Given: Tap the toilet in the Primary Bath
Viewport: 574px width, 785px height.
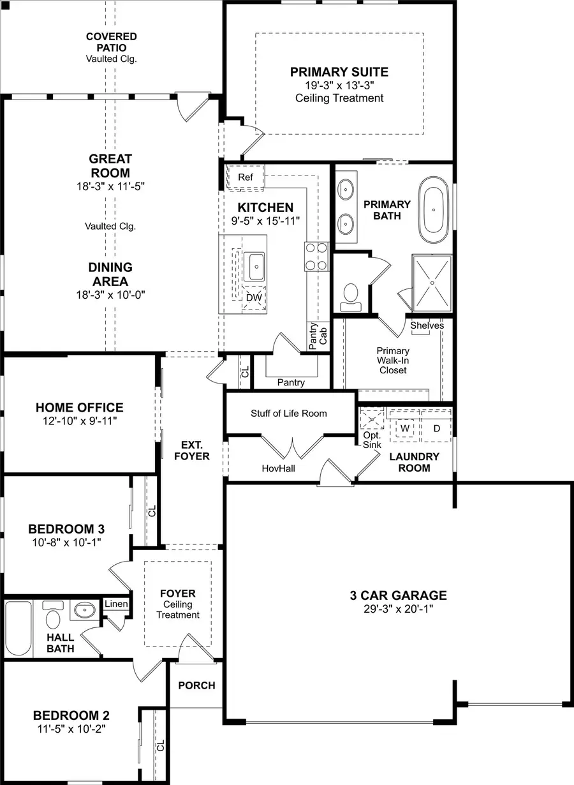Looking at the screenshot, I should click(350, 294).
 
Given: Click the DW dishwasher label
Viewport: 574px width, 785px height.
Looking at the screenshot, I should click(253, 297).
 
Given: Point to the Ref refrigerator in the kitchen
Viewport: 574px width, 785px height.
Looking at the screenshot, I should click(246, 177).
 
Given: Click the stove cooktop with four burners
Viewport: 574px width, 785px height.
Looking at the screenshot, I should click(316, 257).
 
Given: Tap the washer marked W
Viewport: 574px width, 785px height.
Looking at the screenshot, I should click(404, 428).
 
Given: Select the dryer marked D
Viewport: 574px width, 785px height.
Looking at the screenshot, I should click(436, 428).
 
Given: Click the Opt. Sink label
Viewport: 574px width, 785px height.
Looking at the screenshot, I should click(372, 440).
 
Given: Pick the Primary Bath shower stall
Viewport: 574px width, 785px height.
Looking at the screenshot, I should click(432, 281).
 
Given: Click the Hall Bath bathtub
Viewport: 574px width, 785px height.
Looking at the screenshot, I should click(18, 628).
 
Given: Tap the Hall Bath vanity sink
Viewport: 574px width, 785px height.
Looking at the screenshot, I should click(83, 611).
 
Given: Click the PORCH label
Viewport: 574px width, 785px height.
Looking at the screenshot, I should click(196, 685).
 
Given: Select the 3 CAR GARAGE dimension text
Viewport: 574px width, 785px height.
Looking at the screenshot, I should click(398, 609).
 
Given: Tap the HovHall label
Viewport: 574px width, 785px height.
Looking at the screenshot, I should click(279, 468).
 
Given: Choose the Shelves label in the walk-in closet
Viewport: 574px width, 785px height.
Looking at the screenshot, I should click(427, 325).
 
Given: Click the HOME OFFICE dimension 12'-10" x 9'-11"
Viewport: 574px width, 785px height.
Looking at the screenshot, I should click(80, 421).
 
